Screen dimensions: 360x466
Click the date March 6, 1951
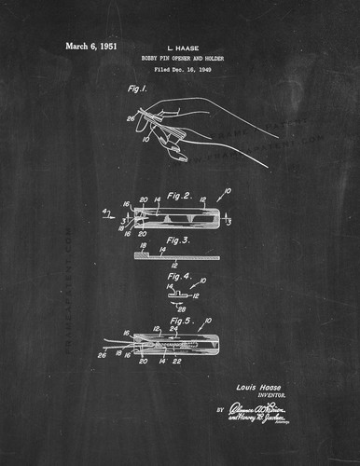[91, 44]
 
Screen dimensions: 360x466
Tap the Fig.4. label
[179, 277]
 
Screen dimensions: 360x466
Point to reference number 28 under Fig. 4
[183, 308]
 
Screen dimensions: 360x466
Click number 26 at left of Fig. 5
[103, 355]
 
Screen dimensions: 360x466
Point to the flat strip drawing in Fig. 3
[177, 254]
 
